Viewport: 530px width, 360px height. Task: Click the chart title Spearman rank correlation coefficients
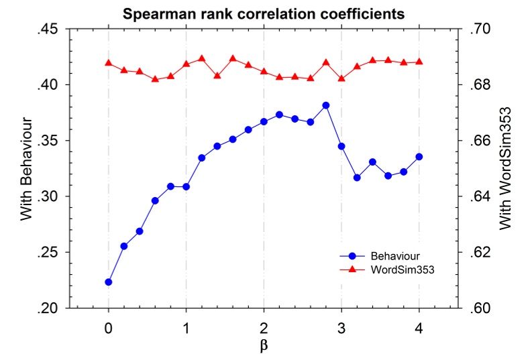tap(264, 13)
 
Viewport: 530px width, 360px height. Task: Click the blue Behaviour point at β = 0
tap(109, 282)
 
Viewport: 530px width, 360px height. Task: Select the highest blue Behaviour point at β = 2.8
tap(326, 105)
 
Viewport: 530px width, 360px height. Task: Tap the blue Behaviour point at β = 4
tap(419, 157)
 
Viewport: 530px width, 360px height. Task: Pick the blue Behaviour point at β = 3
tap(341, 146)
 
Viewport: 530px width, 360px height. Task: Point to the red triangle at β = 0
tap(109, 63)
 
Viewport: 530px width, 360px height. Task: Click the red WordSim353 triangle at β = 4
tap(419, 62)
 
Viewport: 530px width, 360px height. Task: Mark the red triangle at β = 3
tap(341, 78)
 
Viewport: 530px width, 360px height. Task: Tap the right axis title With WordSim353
tap(506, 168)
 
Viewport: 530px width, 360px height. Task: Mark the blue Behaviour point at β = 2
tap(264, 122)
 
